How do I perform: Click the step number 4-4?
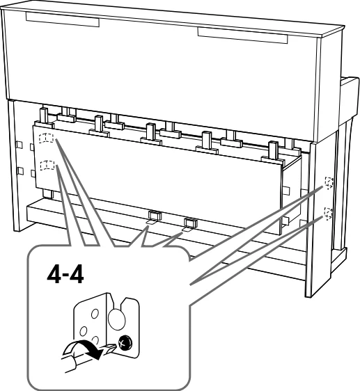coord(65,276)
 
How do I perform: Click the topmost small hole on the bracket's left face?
coord(95,314)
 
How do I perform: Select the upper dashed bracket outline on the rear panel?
coord(46,138)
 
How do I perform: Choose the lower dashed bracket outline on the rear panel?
coord(47,165)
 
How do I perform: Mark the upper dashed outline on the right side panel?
coord(329,183)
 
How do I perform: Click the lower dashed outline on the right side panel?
coord(328,213)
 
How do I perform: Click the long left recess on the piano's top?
coord(63,19)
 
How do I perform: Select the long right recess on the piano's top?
coord(242,35)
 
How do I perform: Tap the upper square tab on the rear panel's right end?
coord(286,191)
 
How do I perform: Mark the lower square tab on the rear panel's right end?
coord(285,221)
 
